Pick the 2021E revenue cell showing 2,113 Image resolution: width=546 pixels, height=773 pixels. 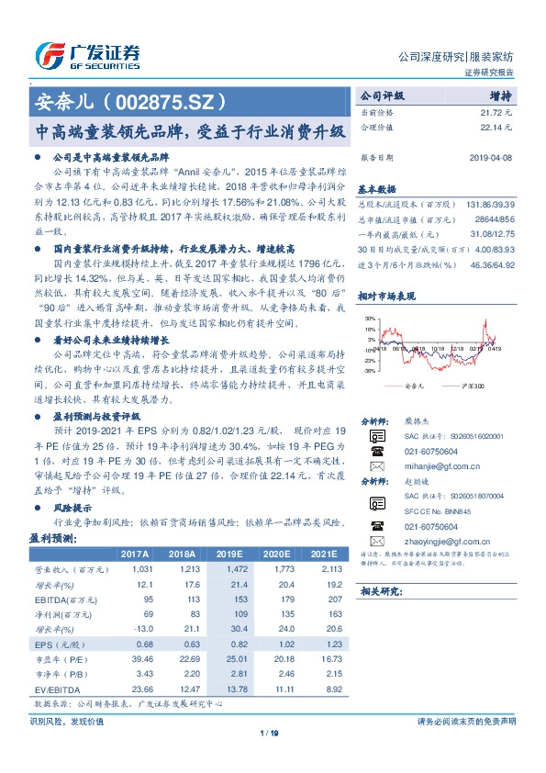click(323, 570)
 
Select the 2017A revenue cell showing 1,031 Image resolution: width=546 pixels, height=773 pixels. click(135, 570)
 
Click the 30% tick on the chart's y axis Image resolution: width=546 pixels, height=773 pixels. click(368, 317)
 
